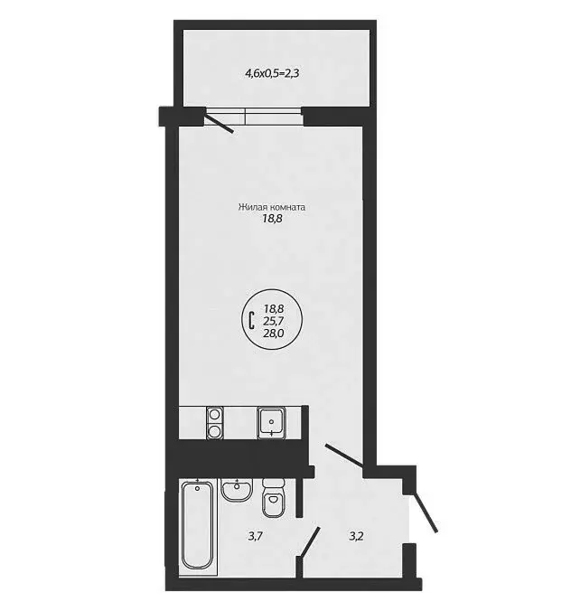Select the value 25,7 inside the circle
[x=274, y=320]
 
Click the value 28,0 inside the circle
[x=274, y=332]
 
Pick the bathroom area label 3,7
[x=257, y=537]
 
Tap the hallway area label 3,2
[x=358, y=537]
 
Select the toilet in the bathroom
[x=274, y=499]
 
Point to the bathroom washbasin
[x=237, y=490]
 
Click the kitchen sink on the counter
[x=271, y=422]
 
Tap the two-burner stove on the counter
[x=215, y=422]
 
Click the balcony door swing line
[x=220, y=122]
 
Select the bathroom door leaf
[x=309, y=543]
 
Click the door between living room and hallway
[x=344, y=456]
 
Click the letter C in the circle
[x=250, y=319]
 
